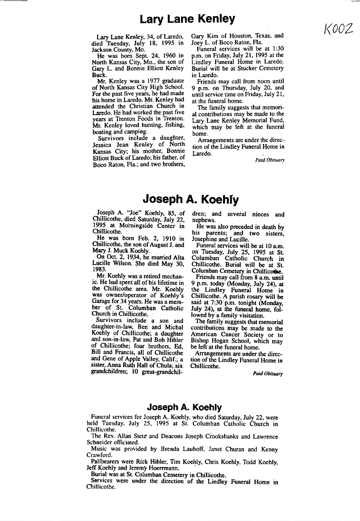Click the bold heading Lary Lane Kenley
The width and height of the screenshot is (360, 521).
(187, 19)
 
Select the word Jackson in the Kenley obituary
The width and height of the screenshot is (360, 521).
(103, 49)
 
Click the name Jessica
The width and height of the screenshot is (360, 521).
(103, 145)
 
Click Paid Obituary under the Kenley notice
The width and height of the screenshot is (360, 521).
(270, 160)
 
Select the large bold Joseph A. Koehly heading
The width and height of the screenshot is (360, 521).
(191, 199)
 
